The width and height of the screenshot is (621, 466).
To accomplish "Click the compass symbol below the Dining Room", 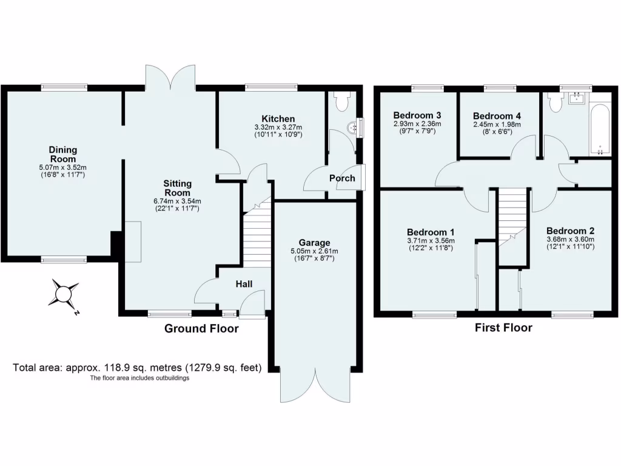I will (x=63, y=294).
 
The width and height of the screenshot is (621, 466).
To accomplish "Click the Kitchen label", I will (x=278, y=118).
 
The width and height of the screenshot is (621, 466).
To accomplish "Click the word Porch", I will (x=342, y=178).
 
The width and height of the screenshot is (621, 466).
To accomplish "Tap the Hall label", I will (x=244, y=284).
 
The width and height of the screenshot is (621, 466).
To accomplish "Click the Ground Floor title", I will (x=201, y=329).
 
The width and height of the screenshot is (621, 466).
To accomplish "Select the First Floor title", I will (x=503, y=328).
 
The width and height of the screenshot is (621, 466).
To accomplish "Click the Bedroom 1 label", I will (x=431, y=232).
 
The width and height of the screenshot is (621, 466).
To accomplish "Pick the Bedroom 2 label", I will (x=570, y=231).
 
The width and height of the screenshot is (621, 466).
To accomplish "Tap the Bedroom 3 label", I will (x=417, y=115).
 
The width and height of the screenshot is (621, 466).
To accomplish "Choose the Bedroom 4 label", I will (x=497, y=116).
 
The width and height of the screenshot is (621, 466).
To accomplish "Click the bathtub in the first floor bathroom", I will (x=600, y=129).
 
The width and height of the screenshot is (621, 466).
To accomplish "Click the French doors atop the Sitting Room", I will (x=170, y=78).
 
